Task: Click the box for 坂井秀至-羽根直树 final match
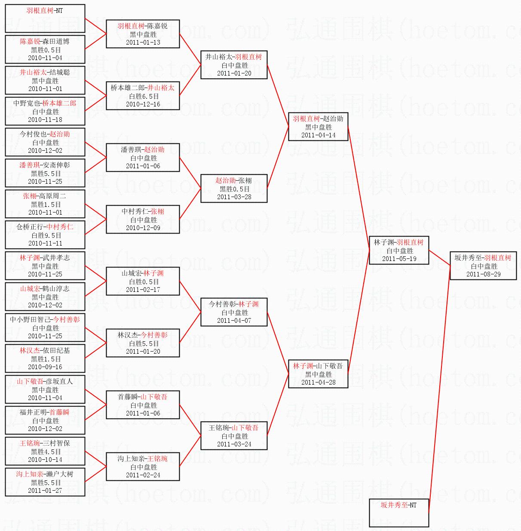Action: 483,266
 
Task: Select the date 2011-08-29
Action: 483,274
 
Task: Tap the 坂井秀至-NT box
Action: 399,512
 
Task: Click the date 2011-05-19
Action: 399,259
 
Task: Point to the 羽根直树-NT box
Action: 45,18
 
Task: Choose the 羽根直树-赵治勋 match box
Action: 318,127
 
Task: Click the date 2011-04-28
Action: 318,382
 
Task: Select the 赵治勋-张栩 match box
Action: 234,188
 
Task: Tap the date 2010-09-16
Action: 45,367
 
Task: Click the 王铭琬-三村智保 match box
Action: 45,451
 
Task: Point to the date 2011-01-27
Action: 45,491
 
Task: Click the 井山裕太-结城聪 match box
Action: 45,80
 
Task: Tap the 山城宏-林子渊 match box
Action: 143,281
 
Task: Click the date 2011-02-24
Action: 143,475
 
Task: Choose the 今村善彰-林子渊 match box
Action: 234,312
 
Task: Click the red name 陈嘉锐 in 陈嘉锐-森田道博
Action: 30,41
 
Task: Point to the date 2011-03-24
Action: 234,444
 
